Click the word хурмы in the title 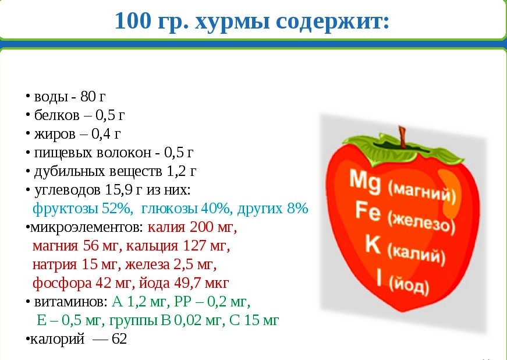point(232,22)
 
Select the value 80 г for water point(93,96)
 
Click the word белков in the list point(56,115)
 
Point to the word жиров point(55,133)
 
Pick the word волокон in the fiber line point(124,153)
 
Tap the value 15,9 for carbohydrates point(119,190)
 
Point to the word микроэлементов point(86,227)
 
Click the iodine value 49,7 point(186,283)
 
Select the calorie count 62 point(119,339)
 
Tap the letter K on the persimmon point(373,243)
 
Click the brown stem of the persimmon point(402,137)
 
